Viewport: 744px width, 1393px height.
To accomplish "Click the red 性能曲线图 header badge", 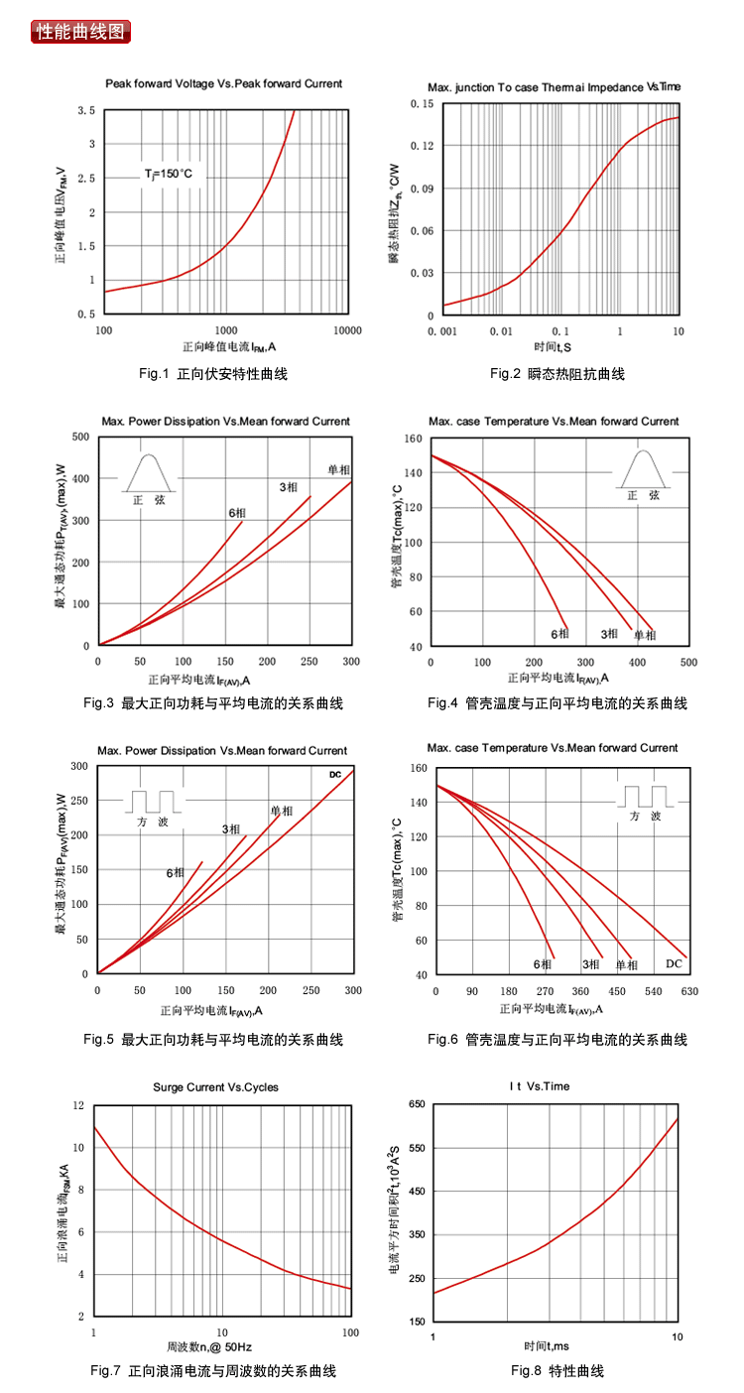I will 81,31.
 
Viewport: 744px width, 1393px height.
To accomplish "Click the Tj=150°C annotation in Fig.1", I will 169,175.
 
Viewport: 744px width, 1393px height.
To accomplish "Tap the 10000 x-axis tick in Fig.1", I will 346,329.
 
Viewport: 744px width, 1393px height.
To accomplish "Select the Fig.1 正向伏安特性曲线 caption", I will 213,374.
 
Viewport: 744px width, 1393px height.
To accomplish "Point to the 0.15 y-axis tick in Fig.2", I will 422,103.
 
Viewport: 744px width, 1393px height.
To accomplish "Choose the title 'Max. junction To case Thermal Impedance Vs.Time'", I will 555,86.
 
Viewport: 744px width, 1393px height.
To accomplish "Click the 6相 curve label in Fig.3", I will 237,512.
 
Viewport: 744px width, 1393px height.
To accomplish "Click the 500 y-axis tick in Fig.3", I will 80,437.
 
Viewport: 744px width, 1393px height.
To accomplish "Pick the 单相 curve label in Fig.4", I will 645,634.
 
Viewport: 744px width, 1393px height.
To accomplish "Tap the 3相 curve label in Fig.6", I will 591,963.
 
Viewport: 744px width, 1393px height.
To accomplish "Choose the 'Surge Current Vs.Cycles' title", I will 216,1086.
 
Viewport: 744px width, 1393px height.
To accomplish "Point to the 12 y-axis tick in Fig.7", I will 78,1105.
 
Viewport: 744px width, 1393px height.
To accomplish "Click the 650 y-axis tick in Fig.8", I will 416,1104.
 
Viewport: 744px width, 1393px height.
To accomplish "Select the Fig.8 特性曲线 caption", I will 558,1371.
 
